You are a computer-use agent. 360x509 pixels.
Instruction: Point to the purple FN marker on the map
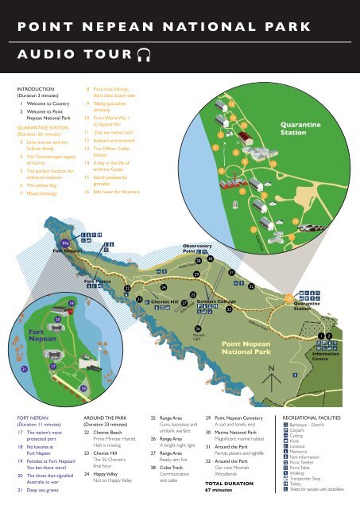click(65, 241)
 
